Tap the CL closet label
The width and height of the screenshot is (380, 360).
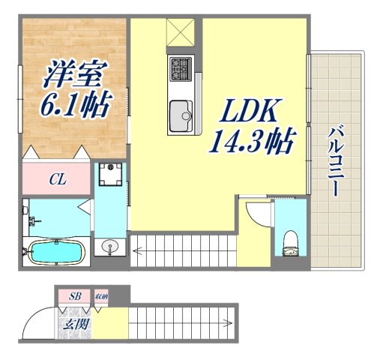(56, 179)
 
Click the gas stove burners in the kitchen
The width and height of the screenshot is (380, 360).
(181, 70)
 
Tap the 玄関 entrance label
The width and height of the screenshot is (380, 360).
(74, 324)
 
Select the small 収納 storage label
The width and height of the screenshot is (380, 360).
(100, 297)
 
